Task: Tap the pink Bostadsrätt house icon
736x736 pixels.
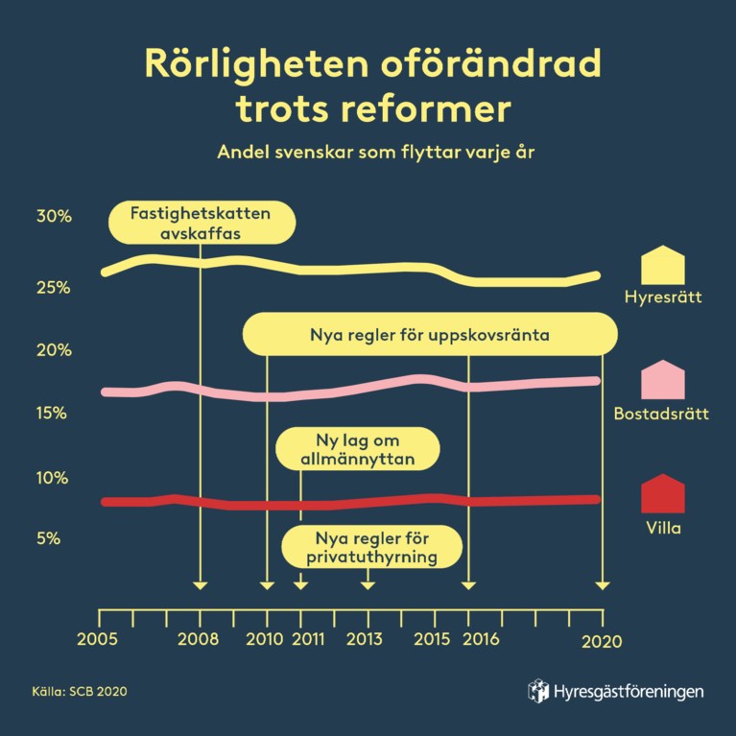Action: click(x=662, y=380)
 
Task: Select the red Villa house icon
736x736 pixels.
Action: click(x=662, y=494)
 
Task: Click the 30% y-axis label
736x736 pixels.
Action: click(x=54, y=217)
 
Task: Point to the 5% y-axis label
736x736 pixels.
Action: click(x=49, y=539)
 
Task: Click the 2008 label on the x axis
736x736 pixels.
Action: click(x=200, y=640)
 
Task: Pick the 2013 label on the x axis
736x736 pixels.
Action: click(x=366, y=640)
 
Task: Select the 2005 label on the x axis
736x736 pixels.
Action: click(x=100, y=640)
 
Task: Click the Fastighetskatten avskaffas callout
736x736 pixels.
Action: click(x=200, y=222)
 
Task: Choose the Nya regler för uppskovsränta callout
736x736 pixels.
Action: click(x=429, y=336)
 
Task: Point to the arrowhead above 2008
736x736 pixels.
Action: click(x=200, y=584)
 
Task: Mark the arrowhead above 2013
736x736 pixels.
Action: click(x=367, y=584)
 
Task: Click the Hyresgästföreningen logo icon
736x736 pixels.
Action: click(x=539, y=691)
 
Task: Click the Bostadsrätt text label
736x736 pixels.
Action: click(x=661, y=415)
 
